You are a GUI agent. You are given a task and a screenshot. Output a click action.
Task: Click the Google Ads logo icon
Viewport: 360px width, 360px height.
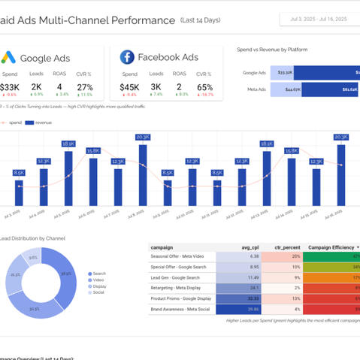[9, 57]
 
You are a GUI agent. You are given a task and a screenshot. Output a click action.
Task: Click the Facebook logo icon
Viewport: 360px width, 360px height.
[126, 57]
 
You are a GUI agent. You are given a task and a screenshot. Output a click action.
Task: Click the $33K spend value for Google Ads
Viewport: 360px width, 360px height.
[10, 86]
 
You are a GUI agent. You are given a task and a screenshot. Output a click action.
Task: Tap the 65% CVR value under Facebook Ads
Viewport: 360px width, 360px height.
[204, 86]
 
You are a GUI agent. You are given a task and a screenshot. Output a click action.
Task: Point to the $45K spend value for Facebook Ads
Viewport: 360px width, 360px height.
[129, 86]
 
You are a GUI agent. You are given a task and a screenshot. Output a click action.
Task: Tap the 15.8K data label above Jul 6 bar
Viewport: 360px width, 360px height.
[93, 150]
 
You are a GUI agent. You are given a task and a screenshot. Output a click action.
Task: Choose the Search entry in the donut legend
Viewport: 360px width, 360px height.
[98, 274]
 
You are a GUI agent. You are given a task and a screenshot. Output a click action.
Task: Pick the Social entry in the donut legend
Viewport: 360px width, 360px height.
[98, 292]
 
